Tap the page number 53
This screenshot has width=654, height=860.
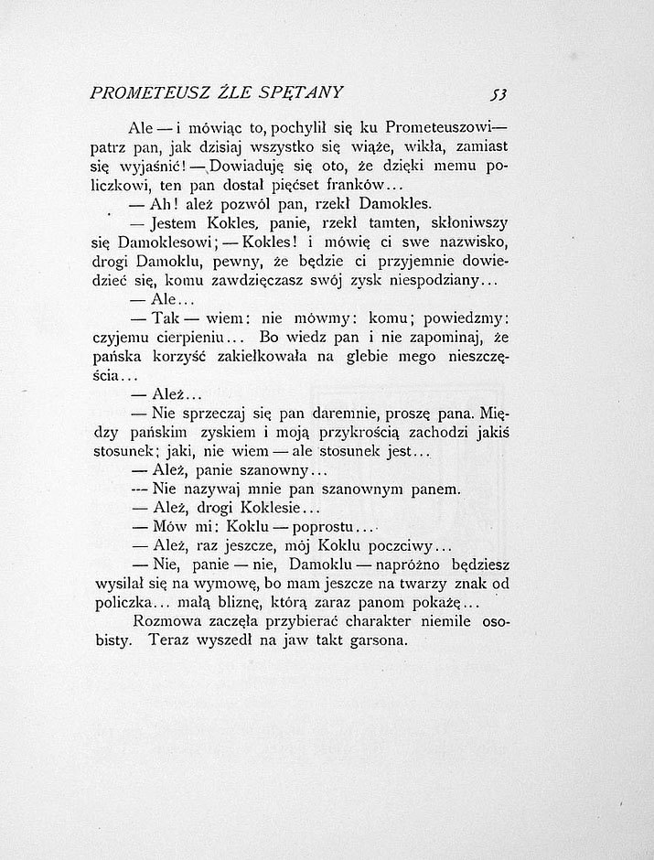coord(499,91)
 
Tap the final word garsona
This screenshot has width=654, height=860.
coord(371,641)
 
